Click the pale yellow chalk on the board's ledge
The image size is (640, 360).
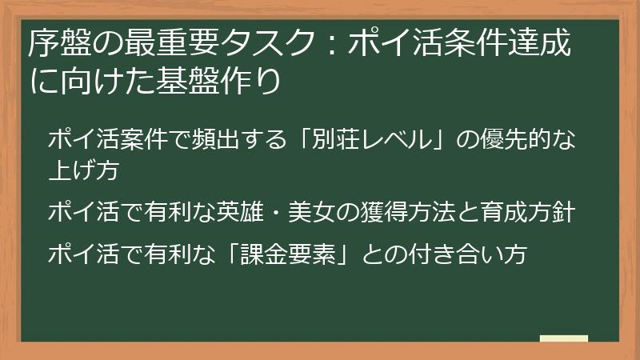(564, 339)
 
